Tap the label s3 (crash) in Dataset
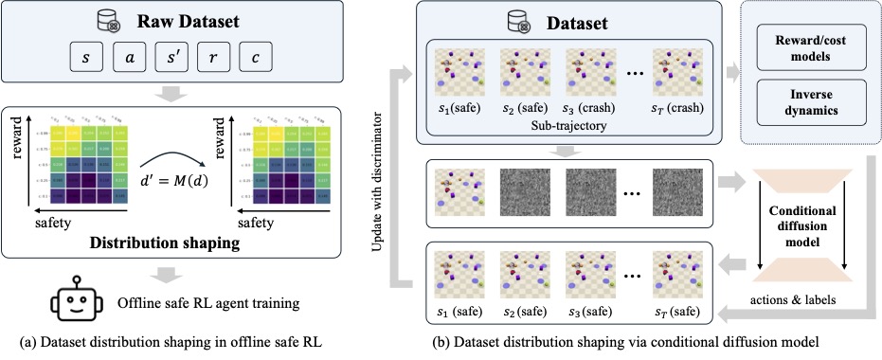(587, 110)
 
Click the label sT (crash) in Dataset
(675, 110)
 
